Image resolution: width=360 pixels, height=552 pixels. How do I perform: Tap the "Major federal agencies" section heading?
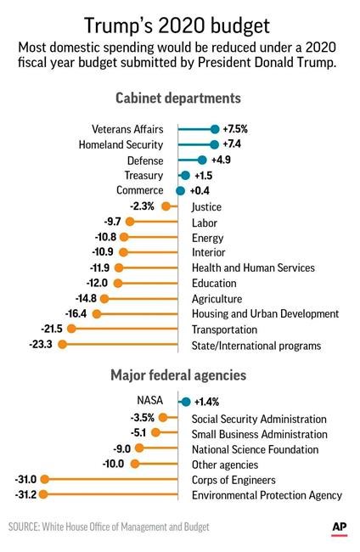179,375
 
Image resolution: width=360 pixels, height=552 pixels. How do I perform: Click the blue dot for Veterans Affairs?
215,129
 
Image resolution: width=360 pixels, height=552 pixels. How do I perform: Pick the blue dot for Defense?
201,160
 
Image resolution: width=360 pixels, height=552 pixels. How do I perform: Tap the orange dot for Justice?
166,206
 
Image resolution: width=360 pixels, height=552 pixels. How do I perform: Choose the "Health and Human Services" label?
253,268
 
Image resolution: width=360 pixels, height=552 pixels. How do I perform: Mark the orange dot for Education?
118,283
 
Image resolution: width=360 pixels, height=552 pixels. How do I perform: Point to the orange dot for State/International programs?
61,345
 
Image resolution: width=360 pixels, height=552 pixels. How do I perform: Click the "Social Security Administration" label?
259,419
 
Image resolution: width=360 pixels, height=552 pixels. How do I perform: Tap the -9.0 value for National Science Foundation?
122,448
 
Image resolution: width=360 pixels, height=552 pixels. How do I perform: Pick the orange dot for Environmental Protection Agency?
42,494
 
